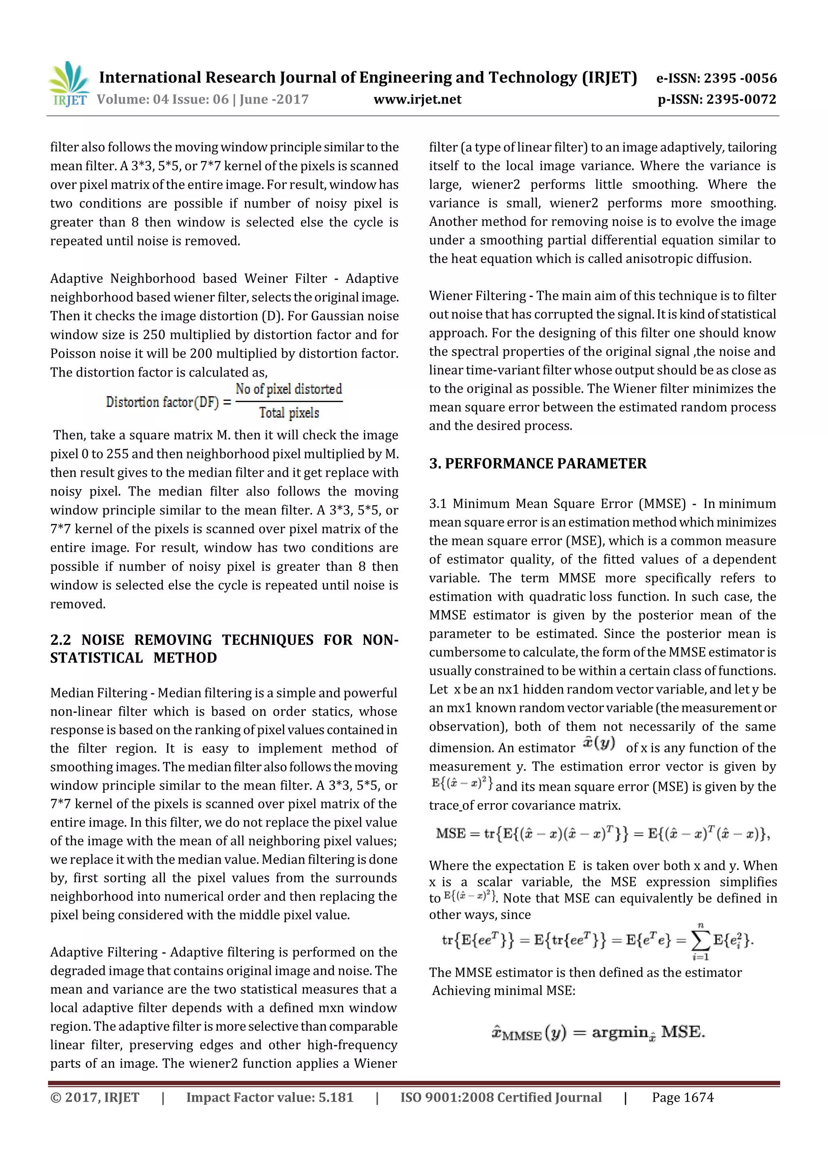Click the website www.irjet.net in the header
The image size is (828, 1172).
point(417,100)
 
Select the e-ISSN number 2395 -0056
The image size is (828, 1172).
point(740,78)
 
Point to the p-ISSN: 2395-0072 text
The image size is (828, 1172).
point(717,100)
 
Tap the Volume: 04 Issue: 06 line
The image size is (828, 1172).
point(203,100)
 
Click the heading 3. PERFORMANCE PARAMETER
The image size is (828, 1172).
point(537,464)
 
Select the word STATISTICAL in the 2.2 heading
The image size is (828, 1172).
point(96,658)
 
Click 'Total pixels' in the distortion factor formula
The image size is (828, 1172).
point(289,413)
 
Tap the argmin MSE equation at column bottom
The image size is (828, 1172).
point(598,1033)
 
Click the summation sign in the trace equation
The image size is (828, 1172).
point(701,940)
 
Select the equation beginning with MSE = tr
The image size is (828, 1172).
point(602,834)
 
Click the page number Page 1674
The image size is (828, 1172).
point(682,1098)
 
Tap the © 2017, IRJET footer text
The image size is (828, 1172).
point(95,1098)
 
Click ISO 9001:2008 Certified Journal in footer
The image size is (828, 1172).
point(501,1098)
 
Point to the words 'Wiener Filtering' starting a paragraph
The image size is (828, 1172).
point(477,296)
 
